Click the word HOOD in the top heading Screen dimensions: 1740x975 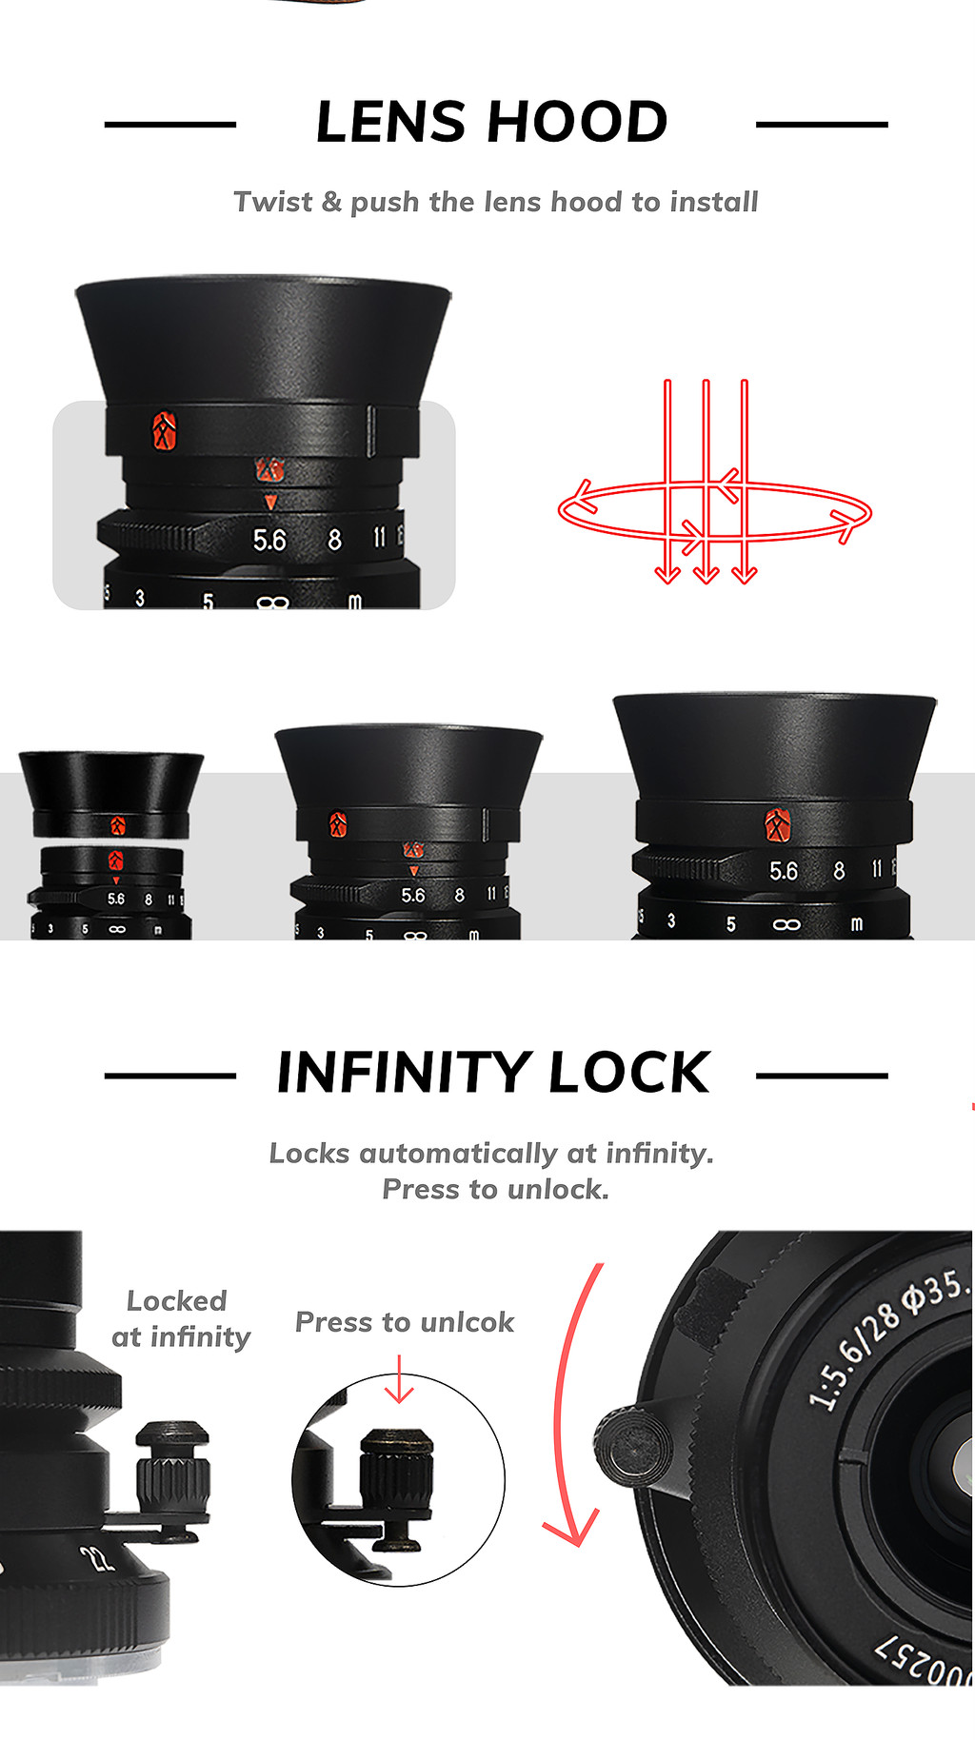tap(578, 123)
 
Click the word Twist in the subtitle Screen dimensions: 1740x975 tap(272, 202)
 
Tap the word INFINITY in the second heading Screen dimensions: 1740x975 tap(404, 1073)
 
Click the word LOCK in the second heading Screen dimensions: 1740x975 tap(628, 1073)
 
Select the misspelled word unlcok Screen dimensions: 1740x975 tap(467, 1322)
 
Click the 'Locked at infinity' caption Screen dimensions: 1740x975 tap(180, 1318)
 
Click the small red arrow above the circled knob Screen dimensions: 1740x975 tap(399, 1380)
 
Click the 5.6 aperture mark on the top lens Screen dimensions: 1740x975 tap(269, 541)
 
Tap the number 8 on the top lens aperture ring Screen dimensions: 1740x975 tap(334, 541)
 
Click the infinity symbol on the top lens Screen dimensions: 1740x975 tap(272, 603)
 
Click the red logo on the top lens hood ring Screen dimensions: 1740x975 tap(165, 431)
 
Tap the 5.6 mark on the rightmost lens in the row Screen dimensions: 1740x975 tap(784, 871)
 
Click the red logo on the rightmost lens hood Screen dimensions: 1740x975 tap(778, 824)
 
